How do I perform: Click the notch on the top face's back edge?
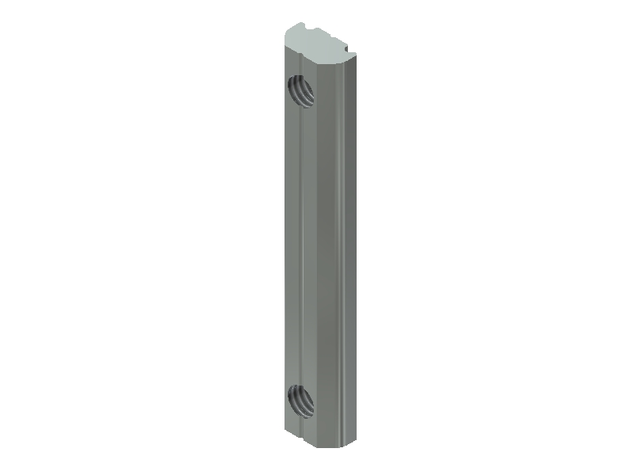pyautogui.click(x=321, y=31)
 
